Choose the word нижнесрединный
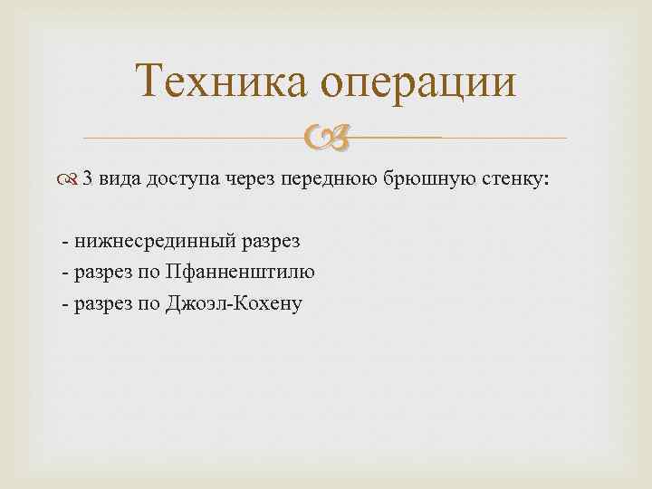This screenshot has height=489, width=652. (x=156, y=242)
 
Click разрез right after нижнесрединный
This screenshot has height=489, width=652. (x=273, y=243)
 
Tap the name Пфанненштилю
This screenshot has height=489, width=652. (x=242, y=272)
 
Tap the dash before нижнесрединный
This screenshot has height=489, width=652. (x=65, y=243)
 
